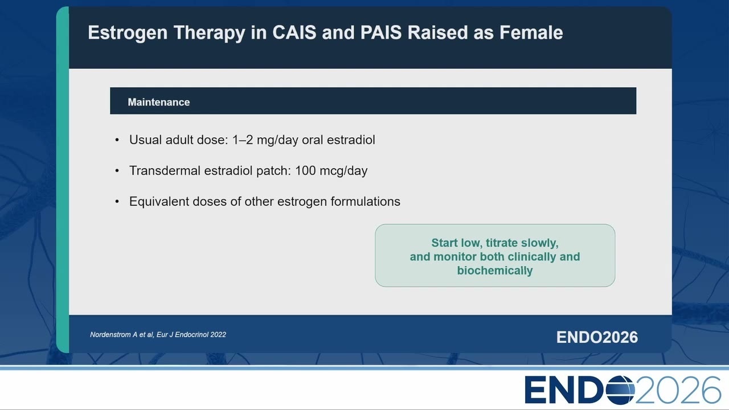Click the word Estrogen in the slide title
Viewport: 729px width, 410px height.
point(128,33)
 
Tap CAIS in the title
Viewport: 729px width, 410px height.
point(294,32)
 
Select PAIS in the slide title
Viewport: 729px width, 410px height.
point(381,32)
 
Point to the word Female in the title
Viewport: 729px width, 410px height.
point(531,32)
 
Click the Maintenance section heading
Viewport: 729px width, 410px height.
point(158,102)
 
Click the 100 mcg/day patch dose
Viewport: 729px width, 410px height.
point(331,170)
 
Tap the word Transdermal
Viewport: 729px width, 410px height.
point(165,170)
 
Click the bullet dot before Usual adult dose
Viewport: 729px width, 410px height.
point(117,140)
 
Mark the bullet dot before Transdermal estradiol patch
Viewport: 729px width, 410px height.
point(117,171)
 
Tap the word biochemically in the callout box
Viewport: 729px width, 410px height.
point(495,270)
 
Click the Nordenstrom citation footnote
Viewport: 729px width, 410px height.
point(158,334)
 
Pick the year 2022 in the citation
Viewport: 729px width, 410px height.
point(218,334)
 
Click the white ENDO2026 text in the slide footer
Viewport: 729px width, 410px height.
point(597,337)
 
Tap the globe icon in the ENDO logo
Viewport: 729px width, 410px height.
point(620,390)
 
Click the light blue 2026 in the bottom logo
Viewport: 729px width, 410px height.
point(678,390)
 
